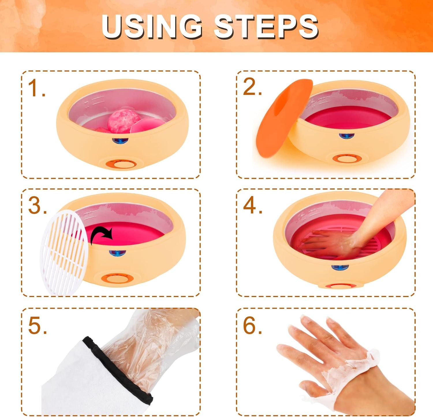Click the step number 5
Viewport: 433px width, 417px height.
click(x=37, y=326)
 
